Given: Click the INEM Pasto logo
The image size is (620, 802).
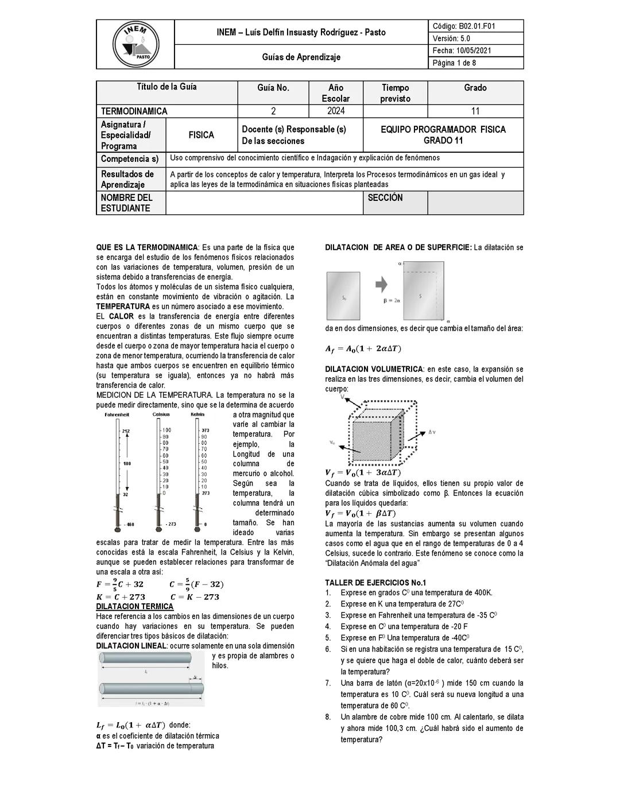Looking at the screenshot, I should click(x=136, y=44).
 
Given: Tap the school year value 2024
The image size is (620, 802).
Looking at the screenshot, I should click(x=336, y=111).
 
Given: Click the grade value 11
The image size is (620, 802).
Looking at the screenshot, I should click(x=475, y=111).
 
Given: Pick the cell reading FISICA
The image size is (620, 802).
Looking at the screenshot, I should click(x=201, y=135).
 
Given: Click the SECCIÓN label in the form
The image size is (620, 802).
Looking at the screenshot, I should click(x=385, y=197).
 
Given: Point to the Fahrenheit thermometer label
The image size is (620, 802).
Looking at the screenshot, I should click(x=117, y=414).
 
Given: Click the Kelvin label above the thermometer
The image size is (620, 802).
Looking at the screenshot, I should click(x=197, y=414).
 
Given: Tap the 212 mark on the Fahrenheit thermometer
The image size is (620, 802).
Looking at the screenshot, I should click(x=126, y=431).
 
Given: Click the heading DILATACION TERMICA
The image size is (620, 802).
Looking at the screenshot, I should click(x=134, y=606).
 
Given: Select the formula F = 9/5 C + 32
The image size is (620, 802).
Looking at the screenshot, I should click(x=120, y=584).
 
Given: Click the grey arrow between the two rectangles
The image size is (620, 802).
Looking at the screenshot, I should click(x=382, y=284).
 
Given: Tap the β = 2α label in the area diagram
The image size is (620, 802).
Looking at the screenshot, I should click(x=392, y=300).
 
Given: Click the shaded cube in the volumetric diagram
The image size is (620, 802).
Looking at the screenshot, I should click(x=374, y=438).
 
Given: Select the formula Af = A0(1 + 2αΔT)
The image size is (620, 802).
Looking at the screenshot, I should click(x=363, y=348).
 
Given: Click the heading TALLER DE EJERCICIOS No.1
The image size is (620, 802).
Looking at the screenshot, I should click(x=375, y=582).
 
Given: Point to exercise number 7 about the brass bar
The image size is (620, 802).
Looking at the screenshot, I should click(x=432, y=694).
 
